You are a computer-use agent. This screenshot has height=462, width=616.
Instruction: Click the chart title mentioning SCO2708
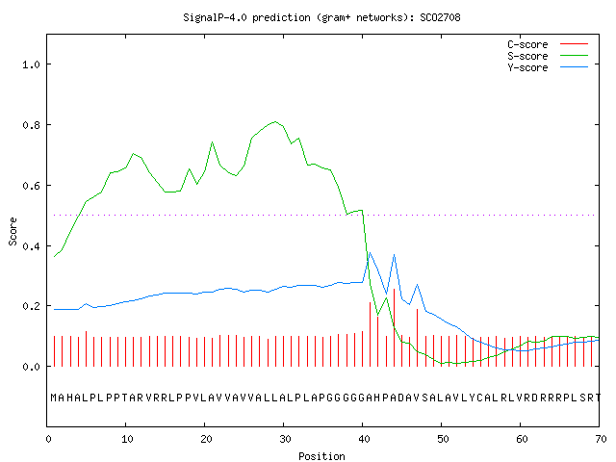point(321,17)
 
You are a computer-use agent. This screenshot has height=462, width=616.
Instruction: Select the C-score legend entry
point(548,44)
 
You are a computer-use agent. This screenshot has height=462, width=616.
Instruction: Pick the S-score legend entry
point(548,56)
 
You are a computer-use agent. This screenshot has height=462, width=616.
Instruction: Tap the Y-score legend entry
point(548,67)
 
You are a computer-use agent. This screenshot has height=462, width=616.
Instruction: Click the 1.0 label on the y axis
point(31,64)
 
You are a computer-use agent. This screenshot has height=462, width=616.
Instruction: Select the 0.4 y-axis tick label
point(31,246)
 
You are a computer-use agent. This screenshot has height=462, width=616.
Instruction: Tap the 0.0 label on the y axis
point(31,367)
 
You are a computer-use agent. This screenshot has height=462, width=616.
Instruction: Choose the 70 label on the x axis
point(601,439)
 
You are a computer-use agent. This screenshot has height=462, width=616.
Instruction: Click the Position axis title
point(321,456)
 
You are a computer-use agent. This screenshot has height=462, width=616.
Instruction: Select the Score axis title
point(13,231)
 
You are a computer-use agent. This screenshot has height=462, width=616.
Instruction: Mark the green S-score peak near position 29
point(275,122)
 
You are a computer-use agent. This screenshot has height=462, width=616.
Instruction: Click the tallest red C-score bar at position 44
point(394,327)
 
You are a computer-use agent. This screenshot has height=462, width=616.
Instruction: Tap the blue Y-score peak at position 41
point(370,253)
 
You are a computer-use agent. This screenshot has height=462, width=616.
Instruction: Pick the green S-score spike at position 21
point(212,142)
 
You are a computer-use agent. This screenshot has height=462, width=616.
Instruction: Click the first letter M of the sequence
point(54,398)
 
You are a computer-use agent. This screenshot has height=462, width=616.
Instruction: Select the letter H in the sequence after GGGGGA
point(377,398)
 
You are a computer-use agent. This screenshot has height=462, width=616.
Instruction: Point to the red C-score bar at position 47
point(417,338)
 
